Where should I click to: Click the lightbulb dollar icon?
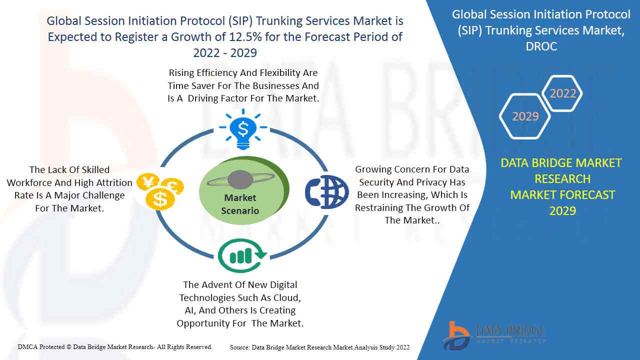[243, 129]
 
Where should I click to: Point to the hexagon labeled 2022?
[562, 93]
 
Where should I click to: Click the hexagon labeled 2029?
[525, 116]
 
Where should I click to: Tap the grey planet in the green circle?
[240, 179]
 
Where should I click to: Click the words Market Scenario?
[240, 204]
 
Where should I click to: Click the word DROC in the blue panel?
[541, 46]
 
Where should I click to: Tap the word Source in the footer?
[240, 347]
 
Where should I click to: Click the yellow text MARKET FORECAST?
[562, 194]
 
